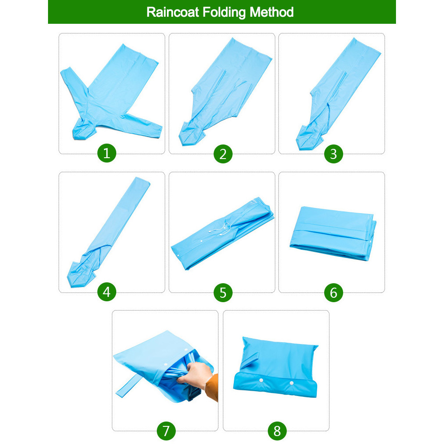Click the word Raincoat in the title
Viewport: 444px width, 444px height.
(x=173, y=12)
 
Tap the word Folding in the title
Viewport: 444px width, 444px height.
(x=224, y=13)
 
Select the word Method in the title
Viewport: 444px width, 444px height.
(x=271, y=12)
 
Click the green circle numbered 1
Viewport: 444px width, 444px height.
(x=107, y=153)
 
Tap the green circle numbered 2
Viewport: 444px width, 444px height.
(x=223, y=154)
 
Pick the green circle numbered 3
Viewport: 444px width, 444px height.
(x=333, y=154)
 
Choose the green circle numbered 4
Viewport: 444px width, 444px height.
(x=107, y=292)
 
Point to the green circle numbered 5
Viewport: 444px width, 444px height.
(x=223, y=292)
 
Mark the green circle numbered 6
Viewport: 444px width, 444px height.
(x=333, y=292)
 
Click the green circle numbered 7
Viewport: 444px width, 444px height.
(x=166, y=431)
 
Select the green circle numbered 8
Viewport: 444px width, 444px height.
(x=277, y=431)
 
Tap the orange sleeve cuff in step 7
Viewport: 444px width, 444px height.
(x=212, y=387)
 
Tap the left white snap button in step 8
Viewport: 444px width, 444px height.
(x=261, y=380)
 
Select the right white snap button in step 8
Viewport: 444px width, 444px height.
(x=292, y=383)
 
